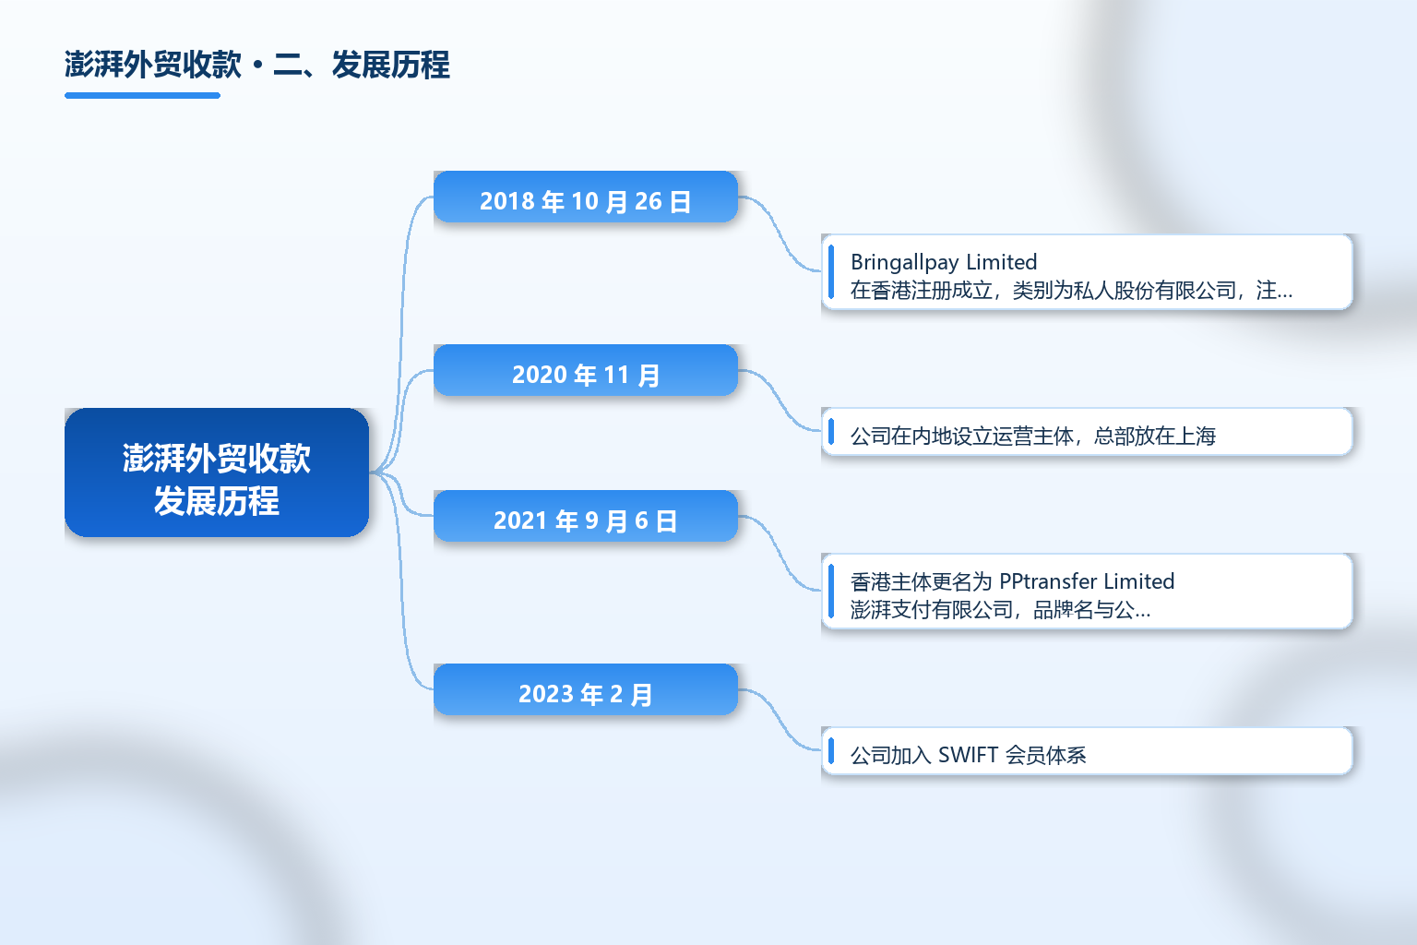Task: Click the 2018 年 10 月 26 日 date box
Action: [586, 197]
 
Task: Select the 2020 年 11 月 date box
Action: [586, 370]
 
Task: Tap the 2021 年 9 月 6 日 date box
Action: [586, 516]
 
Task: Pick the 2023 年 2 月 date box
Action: [586, 689]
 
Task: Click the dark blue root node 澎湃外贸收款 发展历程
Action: [217, 472]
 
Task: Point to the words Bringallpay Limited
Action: [943, 262]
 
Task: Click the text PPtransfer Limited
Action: [1087, 581]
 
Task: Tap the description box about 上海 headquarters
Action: [1087, 432]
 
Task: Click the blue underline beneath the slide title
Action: [142, 96]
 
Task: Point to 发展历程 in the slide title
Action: [391, 65]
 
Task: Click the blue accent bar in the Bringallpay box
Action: [831, 271]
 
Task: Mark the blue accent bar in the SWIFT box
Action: [831, 750]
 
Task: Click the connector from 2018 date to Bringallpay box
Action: [780, 234]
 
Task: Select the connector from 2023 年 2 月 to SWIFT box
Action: [780, 721]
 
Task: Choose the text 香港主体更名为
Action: [921, 581]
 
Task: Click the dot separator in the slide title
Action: [257, 66]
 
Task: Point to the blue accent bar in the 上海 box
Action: [831, 432]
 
